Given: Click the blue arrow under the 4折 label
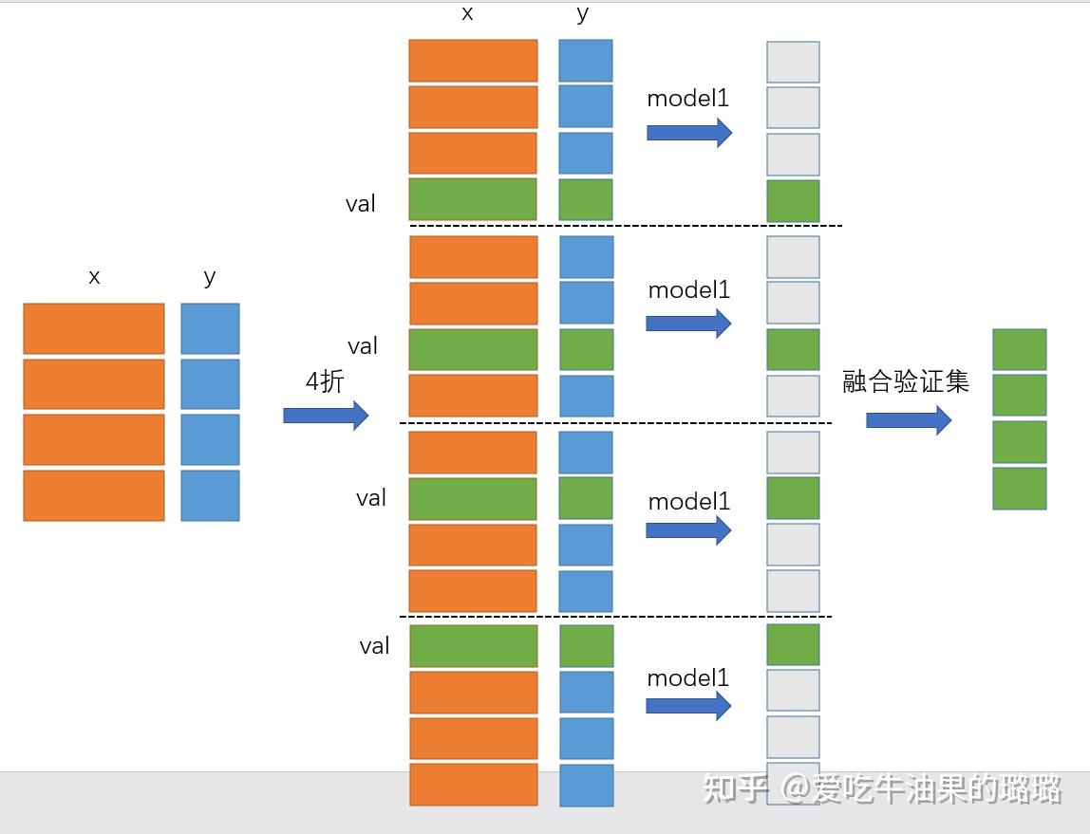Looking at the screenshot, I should (326, 416).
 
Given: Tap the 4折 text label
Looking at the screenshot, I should (324, 382).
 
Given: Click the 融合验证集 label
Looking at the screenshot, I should (906, 381).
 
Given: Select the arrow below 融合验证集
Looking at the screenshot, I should (909, 419).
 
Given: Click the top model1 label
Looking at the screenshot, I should (687, 99).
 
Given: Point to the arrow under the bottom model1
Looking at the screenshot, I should (688, 705).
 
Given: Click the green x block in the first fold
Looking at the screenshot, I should (473, 199).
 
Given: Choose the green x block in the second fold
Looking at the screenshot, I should (473, 349).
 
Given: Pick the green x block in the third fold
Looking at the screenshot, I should (473, 498).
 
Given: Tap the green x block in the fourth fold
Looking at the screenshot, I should (473, 646).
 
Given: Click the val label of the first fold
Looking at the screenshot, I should (361, 204).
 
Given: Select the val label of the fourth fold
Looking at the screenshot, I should (374, 646).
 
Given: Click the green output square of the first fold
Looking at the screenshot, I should (793, 201).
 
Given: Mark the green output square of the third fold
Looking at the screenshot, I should (793, 497).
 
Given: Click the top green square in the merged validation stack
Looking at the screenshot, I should (1020, 349).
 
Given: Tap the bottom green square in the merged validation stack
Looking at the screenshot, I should (1020, 489).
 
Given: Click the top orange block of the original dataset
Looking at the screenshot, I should (94, 328).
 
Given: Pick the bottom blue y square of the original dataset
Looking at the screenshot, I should (210, 495).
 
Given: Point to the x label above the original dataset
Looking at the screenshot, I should (94, 278).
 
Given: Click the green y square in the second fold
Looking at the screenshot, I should (586, 349).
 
